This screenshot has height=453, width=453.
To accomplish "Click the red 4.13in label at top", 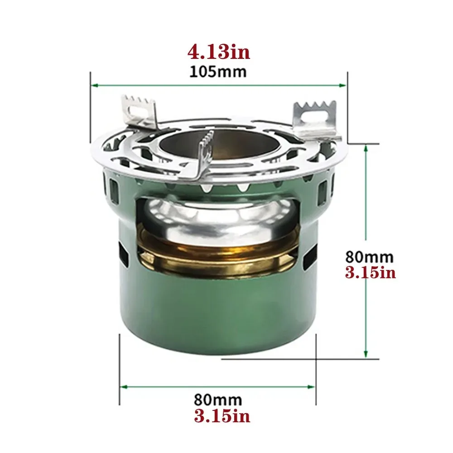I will point(218,52).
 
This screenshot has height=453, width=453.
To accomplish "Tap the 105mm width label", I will point(218,71).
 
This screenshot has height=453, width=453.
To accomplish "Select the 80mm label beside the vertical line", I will point(369,257).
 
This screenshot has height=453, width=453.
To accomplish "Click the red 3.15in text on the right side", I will point(371,273).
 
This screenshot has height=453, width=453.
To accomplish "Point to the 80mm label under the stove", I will point(218,400).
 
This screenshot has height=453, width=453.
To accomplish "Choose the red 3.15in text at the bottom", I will point(222,416).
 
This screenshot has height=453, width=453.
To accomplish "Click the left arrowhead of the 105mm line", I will point(94,85).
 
